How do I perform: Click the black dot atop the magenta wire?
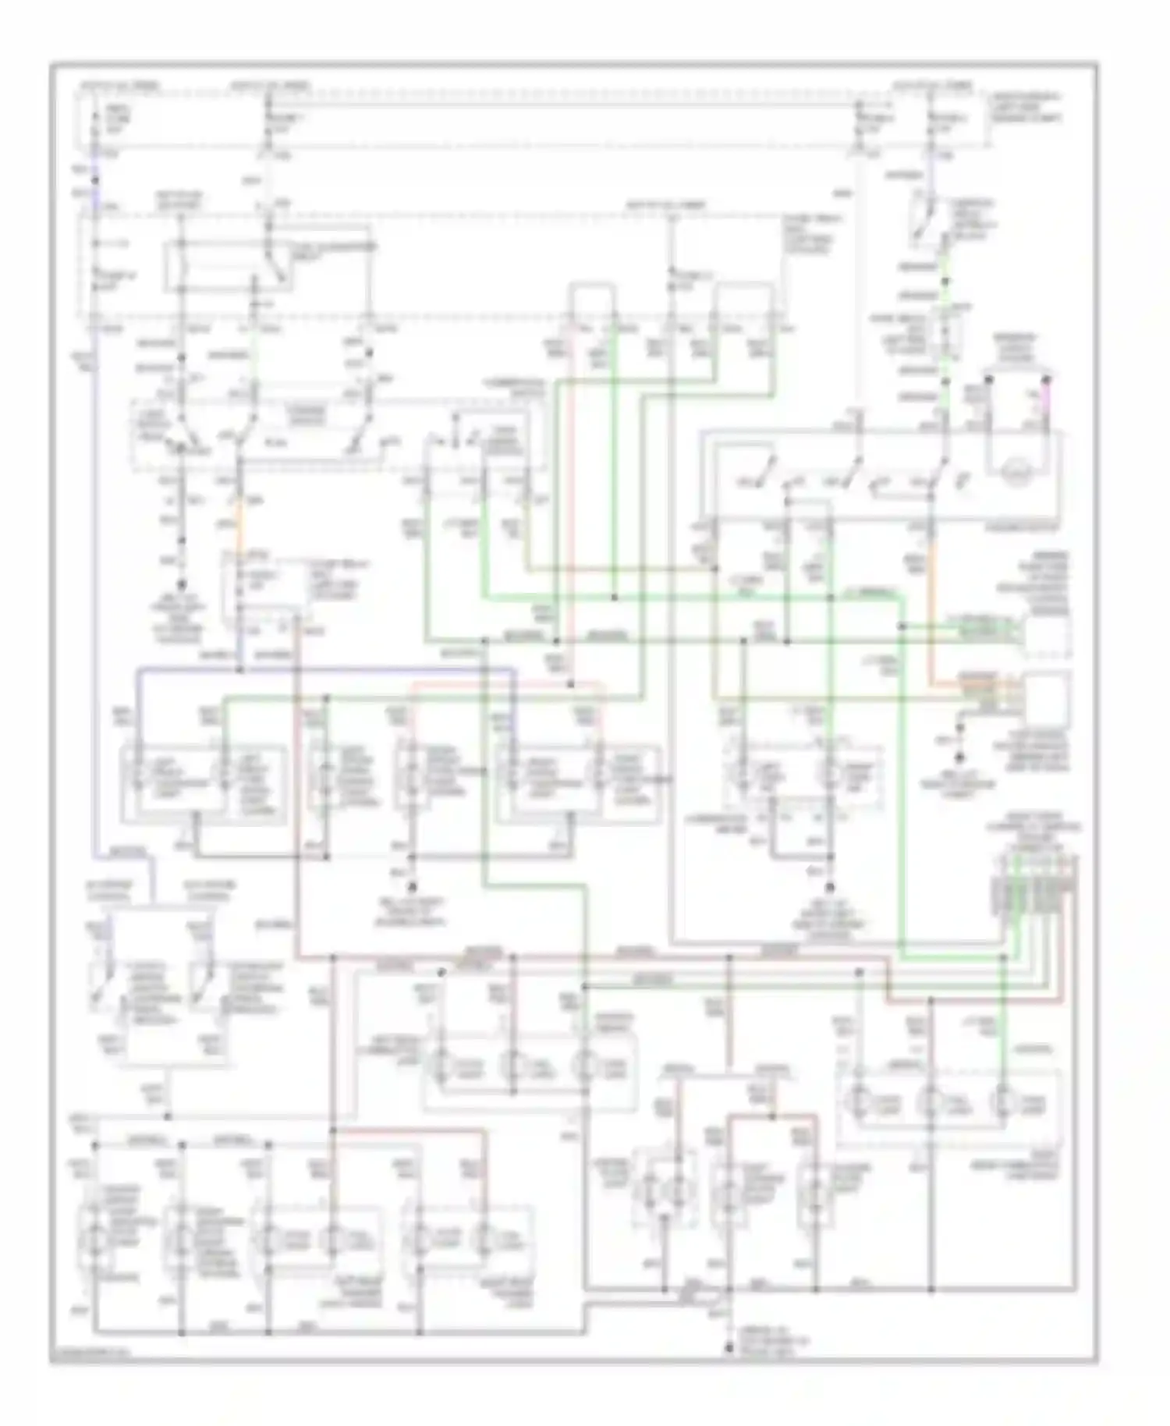(x=1046, y=381)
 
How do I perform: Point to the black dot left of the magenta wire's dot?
(x=988, y=381)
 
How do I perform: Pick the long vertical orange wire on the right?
(x=931, y=608)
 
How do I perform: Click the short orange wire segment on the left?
(x=239, y=523)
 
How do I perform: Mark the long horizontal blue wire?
(x=328, y=669)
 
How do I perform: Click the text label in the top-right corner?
(x=1024, y=108)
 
